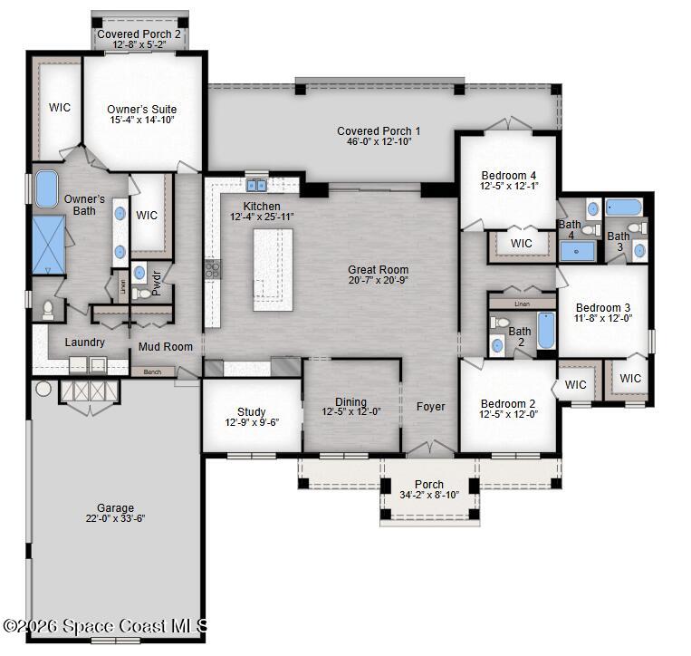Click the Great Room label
(x=378, y=270)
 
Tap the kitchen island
(x=273, y=269)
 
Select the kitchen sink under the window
(x=256, y=186)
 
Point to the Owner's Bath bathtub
(x=46, y=188)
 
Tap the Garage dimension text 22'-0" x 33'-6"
(x=115, y=519)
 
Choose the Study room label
(x=251, y=412)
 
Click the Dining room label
(x=350, y=402)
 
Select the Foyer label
(x=430, y=407)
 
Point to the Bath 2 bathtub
(x=544, y=331)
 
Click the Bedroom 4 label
(x=508, y=175)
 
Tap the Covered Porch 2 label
(x=139, y=34)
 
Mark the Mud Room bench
(x=152, y=371)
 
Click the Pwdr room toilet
(x=141, y=294)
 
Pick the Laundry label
(x=84, y=342)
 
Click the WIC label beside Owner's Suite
(x=60, y=107)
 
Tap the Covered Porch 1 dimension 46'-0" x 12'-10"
(x=378, y=141)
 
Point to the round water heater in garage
(x=43, y=390)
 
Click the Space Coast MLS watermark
(x=106, y=626)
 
